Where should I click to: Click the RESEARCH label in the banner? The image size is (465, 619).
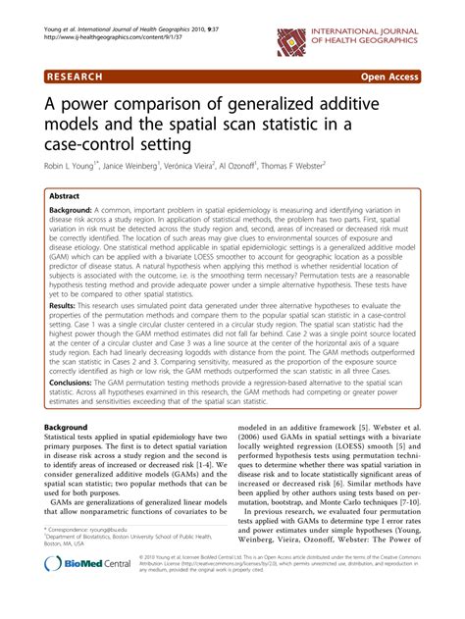click(x=83, y=75)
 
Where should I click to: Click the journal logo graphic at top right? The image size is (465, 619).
click(x=292, y=40)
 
